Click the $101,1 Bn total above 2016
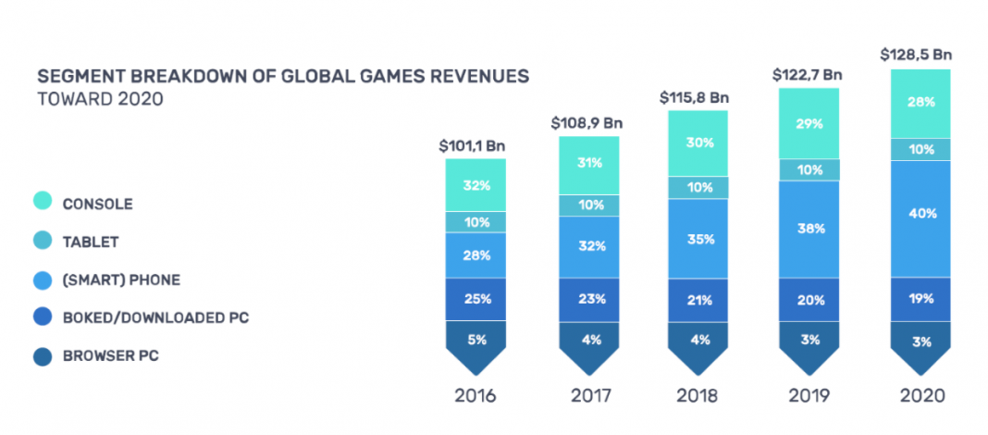(475, 145)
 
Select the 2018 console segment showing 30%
(699, 143)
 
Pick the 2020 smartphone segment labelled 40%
(921, 214)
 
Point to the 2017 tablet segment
(588, 205)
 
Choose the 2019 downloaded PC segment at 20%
(810, 299)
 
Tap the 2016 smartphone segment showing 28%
(475, 255)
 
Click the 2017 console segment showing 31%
(588, 163)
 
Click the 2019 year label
(810, 395)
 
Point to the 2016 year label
(475, 395)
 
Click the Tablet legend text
(91, 242)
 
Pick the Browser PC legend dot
(43, 355)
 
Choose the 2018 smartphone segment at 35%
(699, 239)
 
